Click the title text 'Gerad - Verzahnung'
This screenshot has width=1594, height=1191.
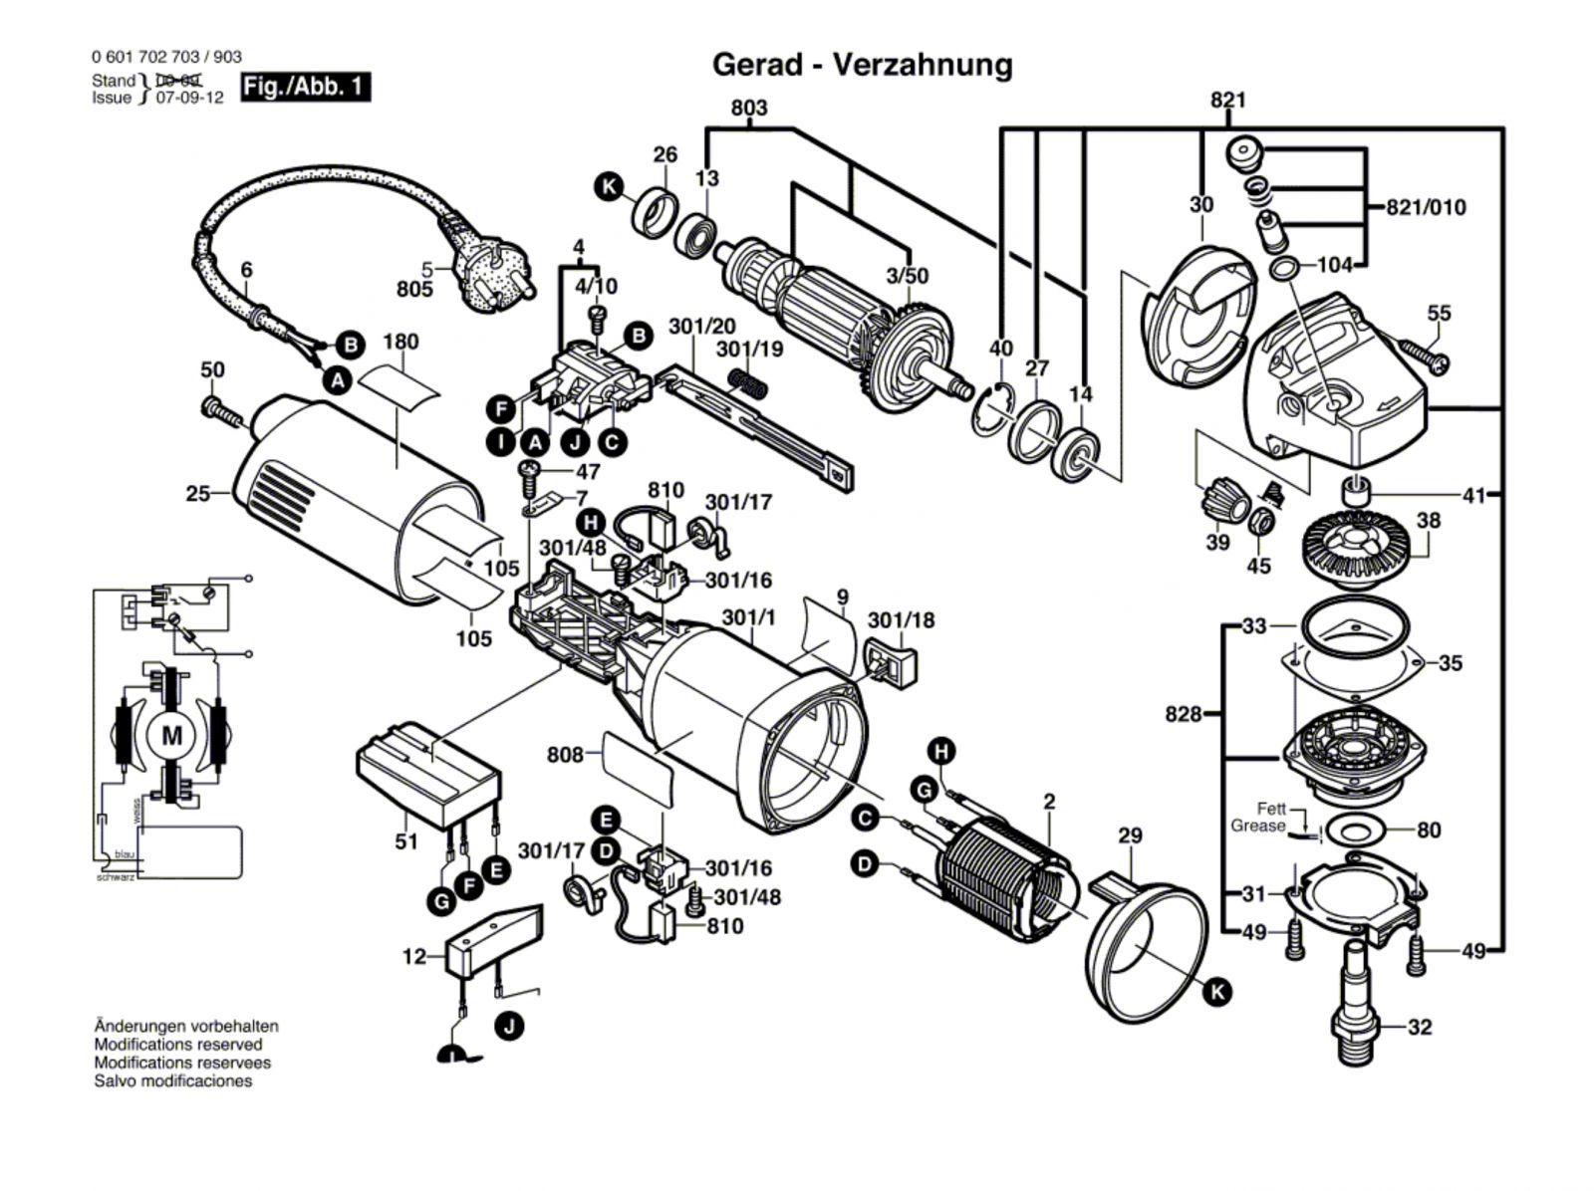(862, 65)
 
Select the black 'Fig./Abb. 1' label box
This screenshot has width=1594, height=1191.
(306, 88)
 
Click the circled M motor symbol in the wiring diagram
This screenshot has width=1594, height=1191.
(172, 736)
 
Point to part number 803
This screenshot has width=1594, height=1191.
(748, 108)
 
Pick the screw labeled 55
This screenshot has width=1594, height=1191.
(1423, 354)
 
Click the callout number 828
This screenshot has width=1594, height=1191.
(1184, 714)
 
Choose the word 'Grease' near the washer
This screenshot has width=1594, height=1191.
(1257, 826)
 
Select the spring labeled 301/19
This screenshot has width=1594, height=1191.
(748, 382)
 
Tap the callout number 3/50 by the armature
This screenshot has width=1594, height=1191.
(908, 275)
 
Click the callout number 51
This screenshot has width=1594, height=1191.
(405, 841)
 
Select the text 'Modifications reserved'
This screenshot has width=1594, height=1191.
(178, 1045)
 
